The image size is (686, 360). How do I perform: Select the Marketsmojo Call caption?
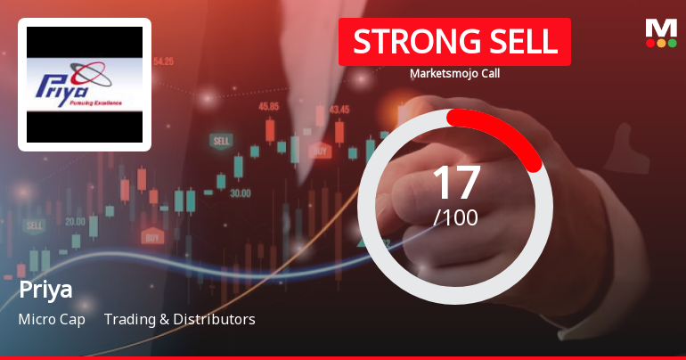coord(454,73)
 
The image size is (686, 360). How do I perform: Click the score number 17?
coord(455,182)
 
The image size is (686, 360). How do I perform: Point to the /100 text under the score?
coord(455,217)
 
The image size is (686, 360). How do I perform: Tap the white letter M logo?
coord(660,27)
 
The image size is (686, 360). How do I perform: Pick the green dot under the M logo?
coord(673,42)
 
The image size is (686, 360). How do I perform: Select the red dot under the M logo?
coord(649,42)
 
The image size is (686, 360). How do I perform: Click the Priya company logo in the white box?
coord(85,85)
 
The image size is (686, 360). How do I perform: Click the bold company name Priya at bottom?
coord(45,290)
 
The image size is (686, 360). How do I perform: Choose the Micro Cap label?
coord(52,319)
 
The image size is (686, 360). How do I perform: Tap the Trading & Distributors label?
coord(179,319)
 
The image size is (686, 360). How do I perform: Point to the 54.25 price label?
coord(163,61)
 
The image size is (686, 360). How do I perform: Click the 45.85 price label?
coord(268,106)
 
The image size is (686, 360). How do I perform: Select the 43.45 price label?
coord(339,110)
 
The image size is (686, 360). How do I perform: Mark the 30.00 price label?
coord(240,192)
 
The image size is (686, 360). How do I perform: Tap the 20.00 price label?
coord(75,221)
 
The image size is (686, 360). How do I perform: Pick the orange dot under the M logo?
coord(661,42)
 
